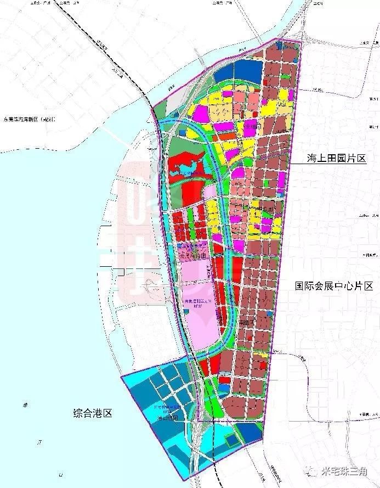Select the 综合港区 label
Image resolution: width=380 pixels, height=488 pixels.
[93, 413]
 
